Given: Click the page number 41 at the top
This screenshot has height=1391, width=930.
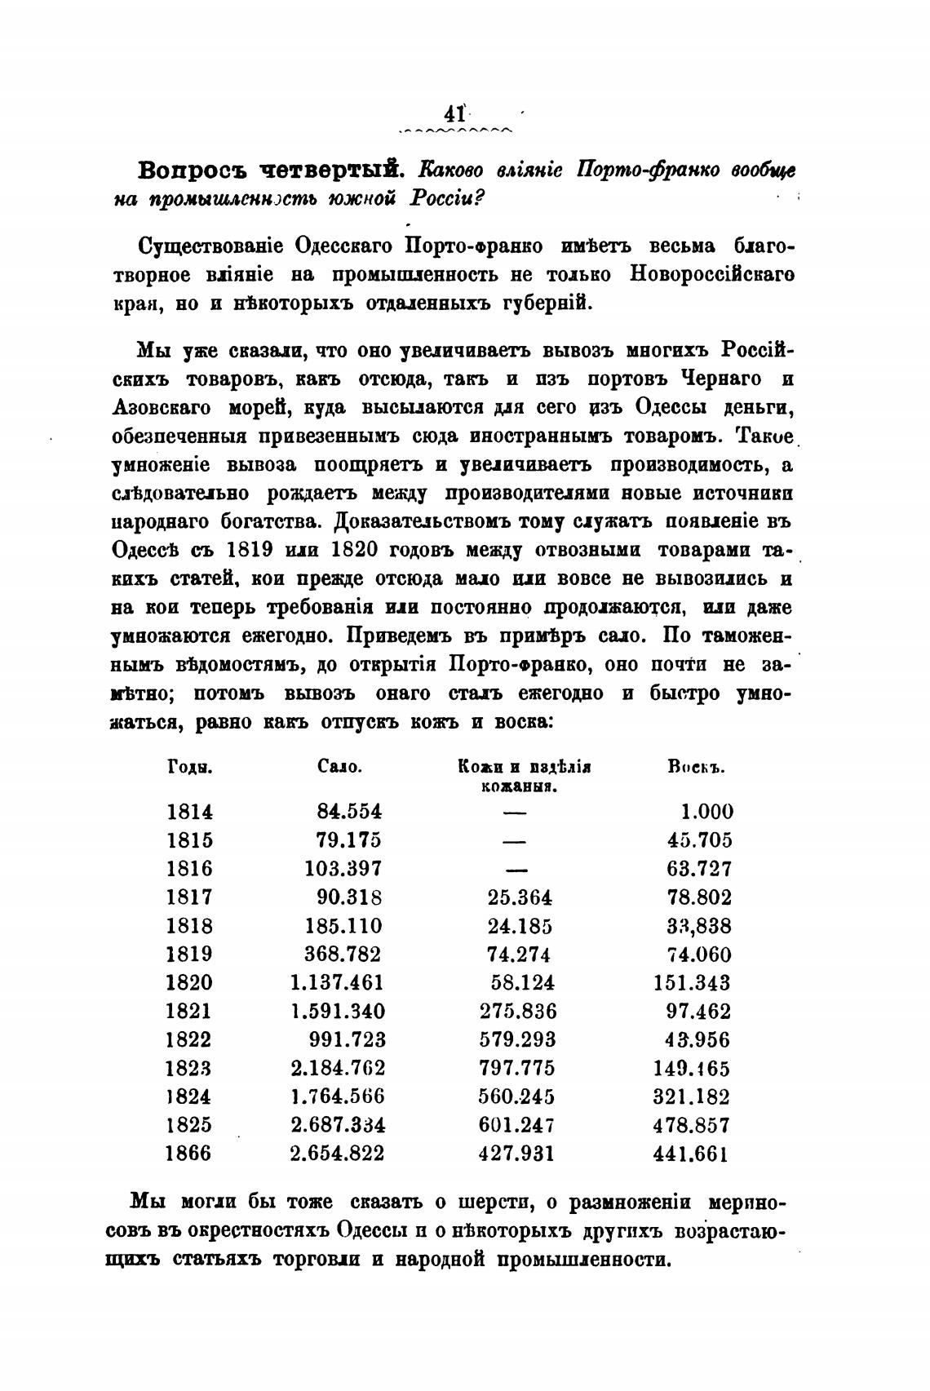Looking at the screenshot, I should [453, 112].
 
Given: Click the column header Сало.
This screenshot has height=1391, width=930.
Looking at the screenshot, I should [339, 767].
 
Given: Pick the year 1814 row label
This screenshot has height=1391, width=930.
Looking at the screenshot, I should [189, 812].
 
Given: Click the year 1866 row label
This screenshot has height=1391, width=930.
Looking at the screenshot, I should [188, 1154].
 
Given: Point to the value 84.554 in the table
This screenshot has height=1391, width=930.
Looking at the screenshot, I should [348, 812].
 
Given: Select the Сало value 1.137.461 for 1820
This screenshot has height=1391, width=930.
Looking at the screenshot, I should [337, 983].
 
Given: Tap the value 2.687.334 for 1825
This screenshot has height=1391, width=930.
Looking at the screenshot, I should [338, 1125].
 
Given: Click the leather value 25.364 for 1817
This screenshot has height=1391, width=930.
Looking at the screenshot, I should [519, 897].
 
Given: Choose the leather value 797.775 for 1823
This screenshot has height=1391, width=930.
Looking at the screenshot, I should [516, 1068].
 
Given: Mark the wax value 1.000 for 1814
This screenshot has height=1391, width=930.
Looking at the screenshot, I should [706, 812].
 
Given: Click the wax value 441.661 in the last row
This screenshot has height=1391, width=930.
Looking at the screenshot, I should [690, 1154].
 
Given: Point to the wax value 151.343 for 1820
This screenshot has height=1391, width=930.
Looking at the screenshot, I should [692, 983].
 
